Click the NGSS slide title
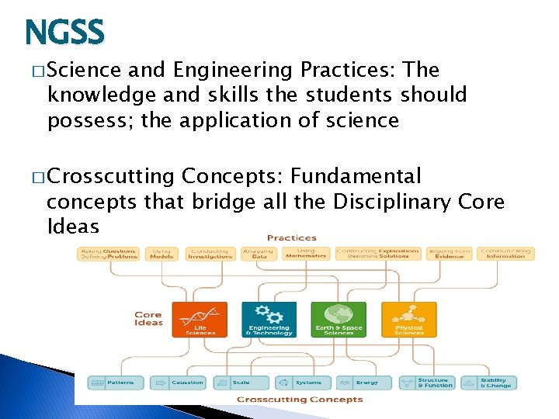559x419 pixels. pyautogui.click(x=64, y=33)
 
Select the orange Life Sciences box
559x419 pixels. pyautogui.click(x=200, y=319)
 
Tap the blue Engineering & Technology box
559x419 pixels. pyautogui.click(x=269, y=319)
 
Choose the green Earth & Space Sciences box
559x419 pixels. pyautogui.click(x=339, y=319)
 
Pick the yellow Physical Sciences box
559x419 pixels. pyautogui.click(x=409, y=319)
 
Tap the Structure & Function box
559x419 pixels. pyautogui.click(x=427, y=383)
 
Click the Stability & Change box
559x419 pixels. pyautogui.click(x=489, y=383)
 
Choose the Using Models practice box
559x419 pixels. pyautogui.click(x=162, y=254)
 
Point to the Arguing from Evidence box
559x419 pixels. pyautogui.click(x=450, y=254)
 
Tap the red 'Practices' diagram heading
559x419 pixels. pyautogui.click(x=291, y=237)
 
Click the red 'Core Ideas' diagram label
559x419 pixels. pyautogui.click(x=148, y=319)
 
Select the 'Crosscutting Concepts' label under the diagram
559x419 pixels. pyautogui.click(x=300, y=400)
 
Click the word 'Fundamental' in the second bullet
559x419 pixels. pyautogui.click(x=355, y=177)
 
